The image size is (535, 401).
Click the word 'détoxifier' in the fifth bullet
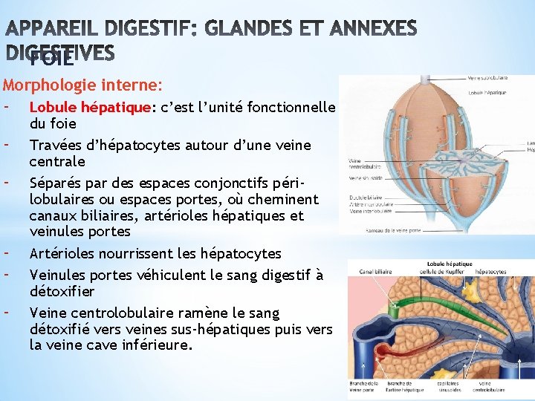(62, 290)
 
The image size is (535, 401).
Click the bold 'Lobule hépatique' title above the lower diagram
(450, 264)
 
